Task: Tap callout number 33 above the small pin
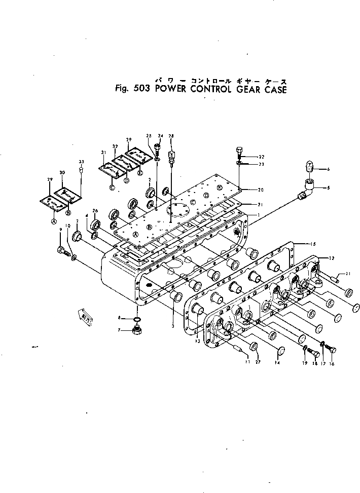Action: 81,162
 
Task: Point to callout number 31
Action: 103,152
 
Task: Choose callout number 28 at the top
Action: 171,136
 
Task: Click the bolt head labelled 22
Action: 240,150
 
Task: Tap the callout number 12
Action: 332,258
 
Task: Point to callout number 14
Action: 277,363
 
